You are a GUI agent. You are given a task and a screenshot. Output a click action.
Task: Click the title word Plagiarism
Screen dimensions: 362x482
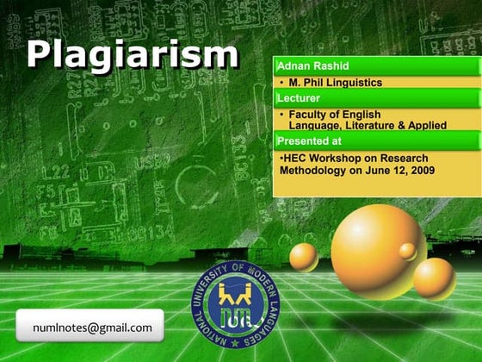point(132,53)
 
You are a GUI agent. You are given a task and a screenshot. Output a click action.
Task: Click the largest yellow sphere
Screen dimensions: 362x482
point(376,239)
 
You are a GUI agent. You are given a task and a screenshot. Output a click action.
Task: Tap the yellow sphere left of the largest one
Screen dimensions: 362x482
point(303,257)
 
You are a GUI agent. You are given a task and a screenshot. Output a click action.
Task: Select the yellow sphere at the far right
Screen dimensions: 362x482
point(434,278)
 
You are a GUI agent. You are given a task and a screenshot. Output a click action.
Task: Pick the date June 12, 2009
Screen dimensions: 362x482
point(402,171)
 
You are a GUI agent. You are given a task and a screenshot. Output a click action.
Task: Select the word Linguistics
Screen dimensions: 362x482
point(352,83)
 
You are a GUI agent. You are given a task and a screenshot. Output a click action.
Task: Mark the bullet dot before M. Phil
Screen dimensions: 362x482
point(282,83)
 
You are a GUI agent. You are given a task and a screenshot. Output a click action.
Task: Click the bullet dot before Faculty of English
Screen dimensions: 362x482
point(282,114)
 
